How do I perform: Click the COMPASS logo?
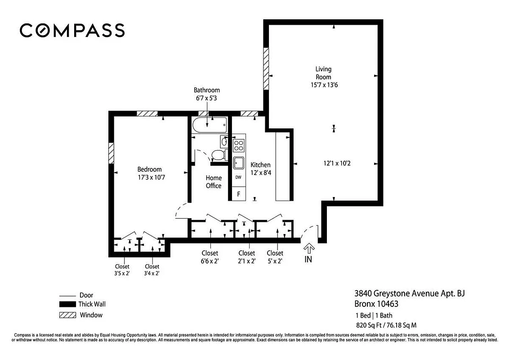tap(72, 30)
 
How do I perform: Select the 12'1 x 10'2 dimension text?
tap(337, 163)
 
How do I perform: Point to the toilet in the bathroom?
tap(218, 155)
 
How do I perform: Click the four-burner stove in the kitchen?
tap(238, 145)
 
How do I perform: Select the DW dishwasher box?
tap(238, 177)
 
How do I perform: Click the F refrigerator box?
tap(238, 194)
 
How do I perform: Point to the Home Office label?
tap(214, 182)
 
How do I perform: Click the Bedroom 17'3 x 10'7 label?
tap(149, 173)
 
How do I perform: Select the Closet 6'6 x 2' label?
tap(210, 257)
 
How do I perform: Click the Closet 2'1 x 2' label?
tap(246, 257)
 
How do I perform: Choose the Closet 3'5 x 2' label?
tap(122, 270)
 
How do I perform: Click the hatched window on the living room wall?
tap(266, 68)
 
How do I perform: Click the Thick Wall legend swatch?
tap(67, 305)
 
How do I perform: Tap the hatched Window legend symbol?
tap(67, 315)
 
